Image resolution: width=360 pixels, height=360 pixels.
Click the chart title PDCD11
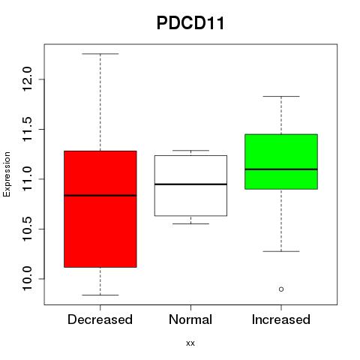(x=190, y=23)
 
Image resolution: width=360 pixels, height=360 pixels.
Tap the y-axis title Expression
(x=7, y=174)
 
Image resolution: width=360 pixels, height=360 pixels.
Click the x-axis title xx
(x=190, y=343)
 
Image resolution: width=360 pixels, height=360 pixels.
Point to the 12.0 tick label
(x=27, y=79)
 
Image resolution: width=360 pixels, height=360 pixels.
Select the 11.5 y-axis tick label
(x=27, y=129)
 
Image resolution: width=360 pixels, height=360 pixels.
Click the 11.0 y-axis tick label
(x=27, y=179)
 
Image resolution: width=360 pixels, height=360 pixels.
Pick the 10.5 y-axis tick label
(x=27, y=229)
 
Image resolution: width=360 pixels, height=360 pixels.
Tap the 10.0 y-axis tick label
(x=27, y=279)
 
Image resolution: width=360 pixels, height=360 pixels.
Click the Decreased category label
(x=100, y=319)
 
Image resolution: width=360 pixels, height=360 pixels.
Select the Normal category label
(x=190, y=319)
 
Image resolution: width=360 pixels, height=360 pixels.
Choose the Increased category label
(x=281, y=319)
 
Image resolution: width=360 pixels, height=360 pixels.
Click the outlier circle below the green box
(x=281, y=289)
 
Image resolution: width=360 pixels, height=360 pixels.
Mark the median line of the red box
(x=100, y=196)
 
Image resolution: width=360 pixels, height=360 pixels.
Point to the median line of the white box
(x=190, y=184)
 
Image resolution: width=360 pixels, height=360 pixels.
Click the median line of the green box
(x=281, y=169)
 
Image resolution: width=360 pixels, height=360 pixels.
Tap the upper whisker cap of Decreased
(x=100, y=54)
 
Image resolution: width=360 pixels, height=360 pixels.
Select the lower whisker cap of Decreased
(x=100, y=295)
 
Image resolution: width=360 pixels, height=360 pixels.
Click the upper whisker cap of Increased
(x=281, y=96)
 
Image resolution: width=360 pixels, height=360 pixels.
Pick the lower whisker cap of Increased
(x=281, y=251)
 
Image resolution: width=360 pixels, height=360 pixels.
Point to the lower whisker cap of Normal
(x=190, y=223)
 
